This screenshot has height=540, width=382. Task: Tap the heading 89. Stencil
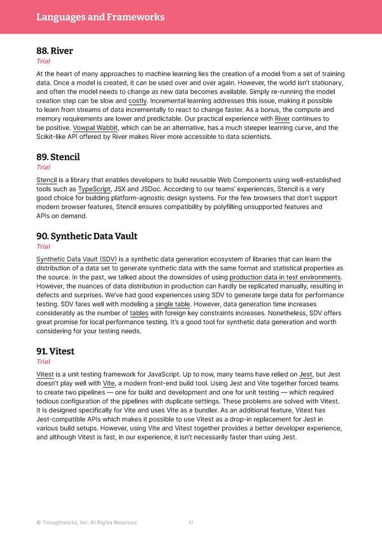click(58, 156)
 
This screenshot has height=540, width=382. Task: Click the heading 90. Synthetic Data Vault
click(87, 236)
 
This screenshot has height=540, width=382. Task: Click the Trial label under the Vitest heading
click(43, 361)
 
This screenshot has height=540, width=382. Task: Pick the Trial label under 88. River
click(43, 62)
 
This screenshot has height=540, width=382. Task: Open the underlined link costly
click(138, 101)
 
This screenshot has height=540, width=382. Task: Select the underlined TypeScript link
click(94, 189)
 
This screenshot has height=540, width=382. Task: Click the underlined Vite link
click(109, 383)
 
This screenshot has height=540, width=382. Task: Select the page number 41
click(191, 523)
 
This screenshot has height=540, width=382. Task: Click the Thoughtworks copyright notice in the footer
click(87, 523)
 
